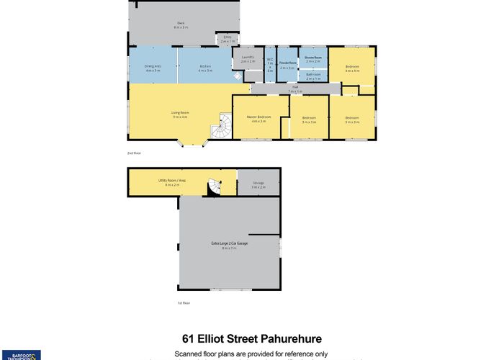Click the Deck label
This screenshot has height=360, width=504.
coord(181,24)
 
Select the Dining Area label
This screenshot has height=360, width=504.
coord(152,67)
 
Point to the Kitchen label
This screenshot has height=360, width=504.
coord(205,67)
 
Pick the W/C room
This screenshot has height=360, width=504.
coord(270,65)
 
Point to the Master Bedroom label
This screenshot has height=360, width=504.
coord(259,118)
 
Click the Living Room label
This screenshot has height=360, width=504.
coord(180,114)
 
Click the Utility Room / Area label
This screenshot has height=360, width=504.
coord(168,181)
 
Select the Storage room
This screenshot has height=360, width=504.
coord(258,184)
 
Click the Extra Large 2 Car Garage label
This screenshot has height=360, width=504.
coord(229,245)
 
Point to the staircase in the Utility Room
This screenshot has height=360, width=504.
coord(213,188)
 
